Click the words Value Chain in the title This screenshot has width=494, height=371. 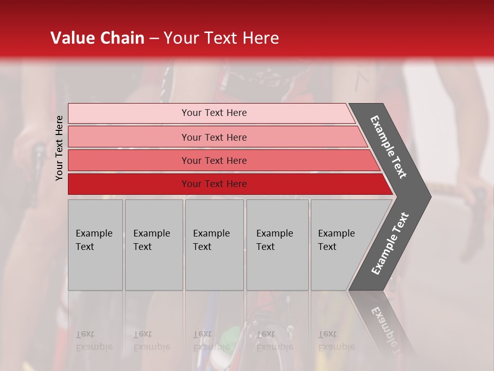click(x=97, y=38)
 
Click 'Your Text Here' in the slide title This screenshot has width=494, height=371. click(x=221, y=38)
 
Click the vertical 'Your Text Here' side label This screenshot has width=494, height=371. click(x=59, y=148)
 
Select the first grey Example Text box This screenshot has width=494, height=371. click(x=95, y=245)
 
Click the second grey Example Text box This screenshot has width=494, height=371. click(x=154, y=245)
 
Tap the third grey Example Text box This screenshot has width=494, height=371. click(x=214, y=245)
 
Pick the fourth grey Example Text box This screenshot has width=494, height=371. click(x=277, y=245)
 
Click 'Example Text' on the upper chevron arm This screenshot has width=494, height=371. click(x=389, y=147)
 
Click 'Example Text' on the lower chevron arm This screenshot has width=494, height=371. click(x=390, y=244)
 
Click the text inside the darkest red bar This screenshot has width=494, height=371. click(x=214, y=184)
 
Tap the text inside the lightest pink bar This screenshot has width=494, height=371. click(x=214, y=113)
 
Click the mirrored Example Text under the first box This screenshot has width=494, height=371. click(x=94, y=341)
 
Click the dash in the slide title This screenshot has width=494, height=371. click(x=154, y=39)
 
